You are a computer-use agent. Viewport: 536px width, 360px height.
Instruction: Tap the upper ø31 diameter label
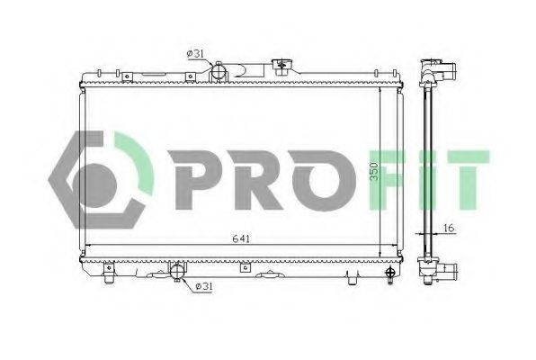coord(193,54)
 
